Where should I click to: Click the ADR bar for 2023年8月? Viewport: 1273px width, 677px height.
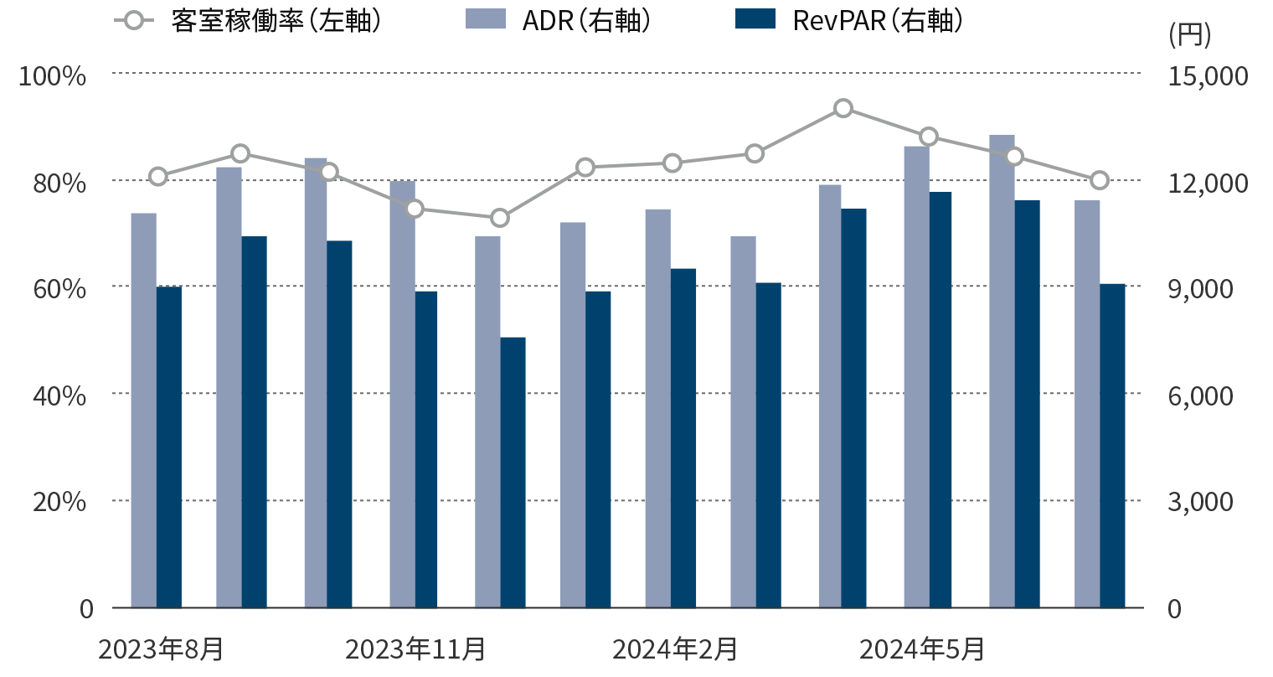tap(143, 411)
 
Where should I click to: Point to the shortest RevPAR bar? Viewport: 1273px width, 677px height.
tap(513, 473)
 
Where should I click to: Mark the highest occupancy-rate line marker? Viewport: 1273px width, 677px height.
tap(843, 108)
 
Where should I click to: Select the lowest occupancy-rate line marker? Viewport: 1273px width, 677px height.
tap(500, 218)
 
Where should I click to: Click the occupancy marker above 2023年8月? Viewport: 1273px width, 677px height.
tap(158, 176)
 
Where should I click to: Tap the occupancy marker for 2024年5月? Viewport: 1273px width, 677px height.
tap(928, 137)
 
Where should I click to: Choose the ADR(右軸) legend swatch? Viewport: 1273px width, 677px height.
tap(486, 20)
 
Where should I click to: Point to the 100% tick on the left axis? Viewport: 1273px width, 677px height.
tap(52, 76)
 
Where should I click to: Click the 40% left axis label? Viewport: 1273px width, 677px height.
tap(59, 395)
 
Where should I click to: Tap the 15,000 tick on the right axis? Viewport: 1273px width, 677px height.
tap(1207, 76)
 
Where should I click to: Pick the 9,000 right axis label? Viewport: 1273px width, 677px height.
tap(1200, 288)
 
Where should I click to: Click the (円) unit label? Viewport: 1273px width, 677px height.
tap(1189, 34)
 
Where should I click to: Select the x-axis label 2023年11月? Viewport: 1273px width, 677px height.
tap(415, 649)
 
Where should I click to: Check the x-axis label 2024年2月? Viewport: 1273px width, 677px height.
tap(675, 649)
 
